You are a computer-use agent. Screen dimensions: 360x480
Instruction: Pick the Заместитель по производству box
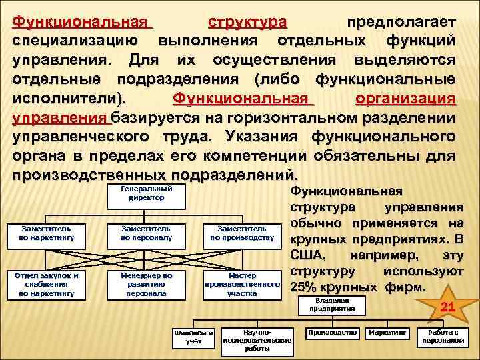tap(242, 232)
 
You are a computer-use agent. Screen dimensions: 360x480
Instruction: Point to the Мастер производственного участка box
tap(242, 283)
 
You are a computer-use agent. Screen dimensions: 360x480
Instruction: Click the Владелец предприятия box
tap(331, 305)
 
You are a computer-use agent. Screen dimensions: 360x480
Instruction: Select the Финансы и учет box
tap(193, 337)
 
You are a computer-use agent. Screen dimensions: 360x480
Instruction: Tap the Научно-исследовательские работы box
tap(257, 339)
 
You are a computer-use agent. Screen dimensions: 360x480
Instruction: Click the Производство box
tap(331, 331)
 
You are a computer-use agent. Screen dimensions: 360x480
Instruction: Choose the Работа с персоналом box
tap(443, 336)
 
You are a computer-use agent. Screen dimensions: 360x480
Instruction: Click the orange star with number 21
tap(447, 307)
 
